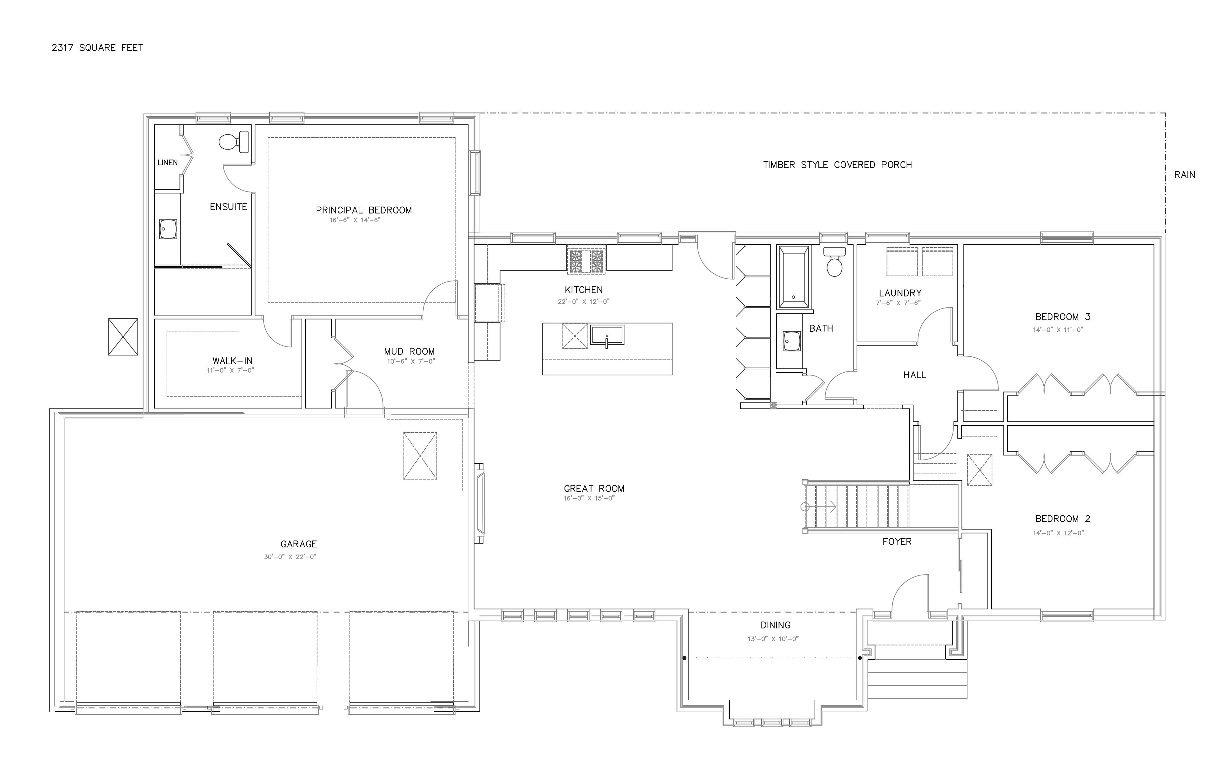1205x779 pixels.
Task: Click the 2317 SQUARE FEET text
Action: [x=97, y=48]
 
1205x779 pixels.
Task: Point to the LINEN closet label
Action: [x=168, y=162]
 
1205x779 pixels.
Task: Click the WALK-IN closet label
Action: [x=233, y=361]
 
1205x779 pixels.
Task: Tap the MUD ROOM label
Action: [x=409, y=351]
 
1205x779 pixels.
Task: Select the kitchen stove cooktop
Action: [x=586, y=260]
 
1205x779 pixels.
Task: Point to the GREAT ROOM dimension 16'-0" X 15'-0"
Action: [x=589, y=498]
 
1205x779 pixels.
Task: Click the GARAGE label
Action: [x=299, y=544]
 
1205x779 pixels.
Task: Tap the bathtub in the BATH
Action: [x=793, y=277]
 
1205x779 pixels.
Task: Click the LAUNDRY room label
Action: [x=900, y=293]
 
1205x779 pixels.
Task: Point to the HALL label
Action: [x=914, y=375]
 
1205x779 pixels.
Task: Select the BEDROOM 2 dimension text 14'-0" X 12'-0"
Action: [x=1058, y=533]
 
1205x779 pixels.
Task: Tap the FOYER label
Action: [x=897, y=541]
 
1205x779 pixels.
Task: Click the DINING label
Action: [x=775, y=625]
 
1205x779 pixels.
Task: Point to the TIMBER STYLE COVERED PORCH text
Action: [x=838, y=164]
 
